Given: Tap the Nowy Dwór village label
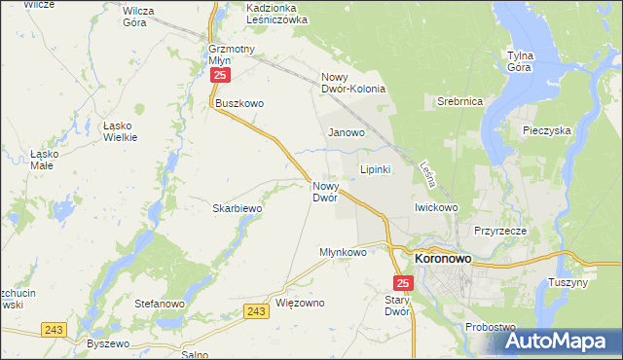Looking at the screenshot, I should coord(325,192).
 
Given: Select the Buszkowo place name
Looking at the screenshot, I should coord(240,103).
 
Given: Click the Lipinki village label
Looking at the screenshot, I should coord(376,169).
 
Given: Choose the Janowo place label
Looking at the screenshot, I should coord(347,132).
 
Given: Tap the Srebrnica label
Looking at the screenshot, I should coord(460,101).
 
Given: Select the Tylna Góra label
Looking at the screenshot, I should coord(527,61).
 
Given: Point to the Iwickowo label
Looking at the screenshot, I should coord(436,207).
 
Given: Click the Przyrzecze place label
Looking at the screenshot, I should coord(500,232).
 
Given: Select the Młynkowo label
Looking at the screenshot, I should coord(343,252).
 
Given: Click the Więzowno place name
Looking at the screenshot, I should coord(301,303).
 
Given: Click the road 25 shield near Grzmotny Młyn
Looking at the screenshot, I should coord(221,75).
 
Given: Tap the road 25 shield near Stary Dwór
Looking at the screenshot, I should coord(405,283).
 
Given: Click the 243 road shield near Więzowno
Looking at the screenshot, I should coord(256,311).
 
